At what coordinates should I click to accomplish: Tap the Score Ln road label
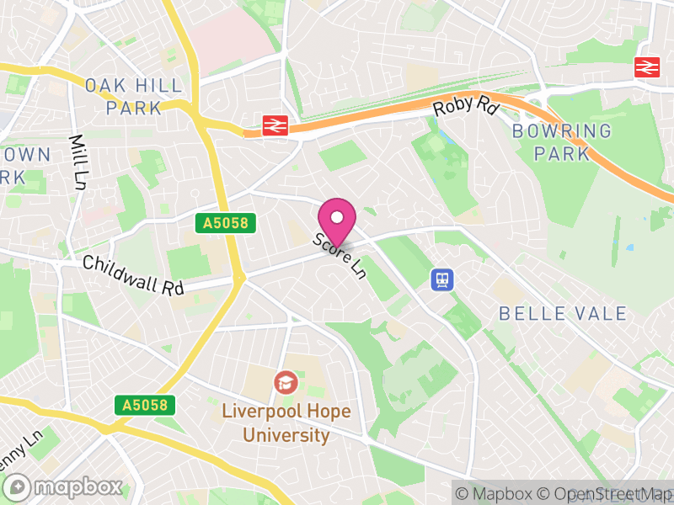340,257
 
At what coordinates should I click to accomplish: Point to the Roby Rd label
466,105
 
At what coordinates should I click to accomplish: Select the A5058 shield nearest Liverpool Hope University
146,405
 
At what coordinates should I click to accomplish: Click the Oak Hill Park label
123,96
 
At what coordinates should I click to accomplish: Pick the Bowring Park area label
562,142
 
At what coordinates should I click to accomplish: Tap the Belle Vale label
563,314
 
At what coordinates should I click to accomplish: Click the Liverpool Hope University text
286,423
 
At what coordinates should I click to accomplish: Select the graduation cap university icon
286,383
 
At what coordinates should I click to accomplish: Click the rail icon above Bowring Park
647,67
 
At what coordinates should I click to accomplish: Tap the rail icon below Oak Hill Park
275,125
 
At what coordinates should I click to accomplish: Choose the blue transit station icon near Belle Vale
441,279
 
